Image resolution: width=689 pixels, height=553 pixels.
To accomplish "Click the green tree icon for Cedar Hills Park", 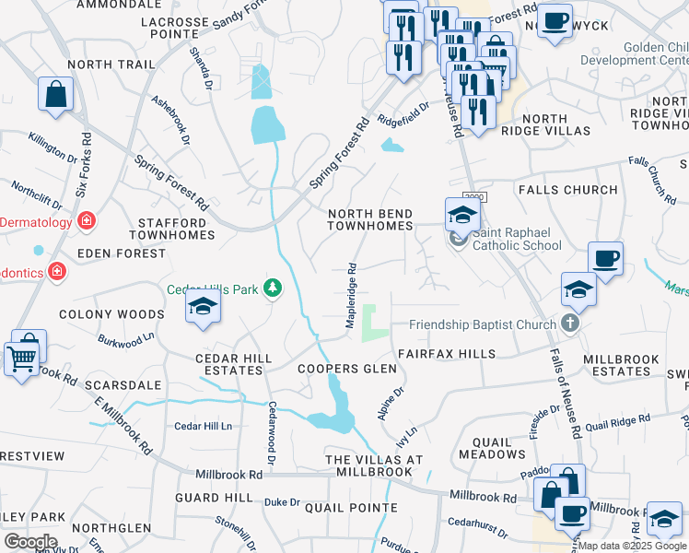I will [x=273, y=289].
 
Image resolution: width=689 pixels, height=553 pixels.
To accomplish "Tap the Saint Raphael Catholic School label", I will [x=517, y=245].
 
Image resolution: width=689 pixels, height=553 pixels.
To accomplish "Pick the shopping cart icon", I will [x=22, y=356].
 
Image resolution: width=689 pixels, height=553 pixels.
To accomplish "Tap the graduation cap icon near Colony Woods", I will [x=203, y=308].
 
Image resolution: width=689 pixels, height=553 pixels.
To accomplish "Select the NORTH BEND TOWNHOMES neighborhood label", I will [x=371, y=219].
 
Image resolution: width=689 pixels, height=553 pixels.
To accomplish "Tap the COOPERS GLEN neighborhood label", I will [x=347, y=369].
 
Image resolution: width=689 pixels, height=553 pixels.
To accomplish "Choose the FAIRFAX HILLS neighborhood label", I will [x=446, y=354].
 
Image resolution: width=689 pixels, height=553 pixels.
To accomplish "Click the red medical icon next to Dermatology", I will [x=87, y=221].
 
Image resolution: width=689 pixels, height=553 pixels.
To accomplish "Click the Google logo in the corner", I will [x=30, y=542].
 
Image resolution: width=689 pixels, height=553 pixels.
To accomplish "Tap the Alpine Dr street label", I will [x=391, y=403].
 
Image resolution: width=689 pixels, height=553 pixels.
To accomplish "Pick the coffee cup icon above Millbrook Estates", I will [x=605, y=258].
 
